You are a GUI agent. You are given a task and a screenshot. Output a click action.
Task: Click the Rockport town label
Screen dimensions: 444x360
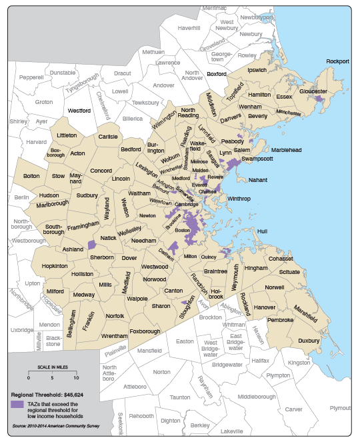tap(337, 61)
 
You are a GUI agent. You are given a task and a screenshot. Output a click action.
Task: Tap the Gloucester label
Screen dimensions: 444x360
tap(313, 91)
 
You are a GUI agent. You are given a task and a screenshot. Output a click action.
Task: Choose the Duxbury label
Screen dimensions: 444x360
tap(309, 340)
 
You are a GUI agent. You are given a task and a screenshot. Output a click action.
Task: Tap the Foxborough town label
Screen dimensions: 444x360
tap(146, 331)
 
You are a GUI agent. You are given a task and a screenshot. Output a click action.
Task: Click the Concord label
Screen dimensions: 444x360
tap(101, 171)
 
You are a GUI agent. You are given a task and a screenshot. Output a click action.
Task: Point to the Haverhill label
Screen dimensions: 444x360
tap(189, 28)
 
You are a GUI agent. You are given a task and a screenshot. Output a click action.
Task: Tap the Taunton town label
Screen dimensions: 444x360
tap(180, 397)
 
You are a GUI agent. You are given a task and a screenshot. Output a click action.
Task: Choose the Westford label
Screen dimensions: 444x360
tap(79, 111)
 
